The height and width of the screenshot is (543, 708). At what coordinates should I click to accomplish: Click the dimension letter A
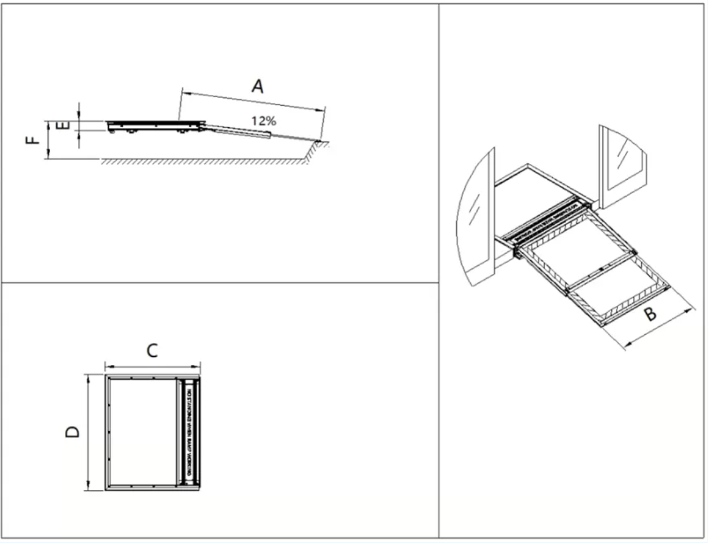pyautogui.click(x=258, y=86)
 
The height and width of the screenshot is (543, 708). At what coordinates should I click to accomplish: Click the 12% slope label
pyautogui.click(x=263, y=120)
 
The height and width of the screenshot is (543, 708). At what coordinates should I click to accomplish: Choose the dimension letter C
pyautogui.click(x=152, y=350)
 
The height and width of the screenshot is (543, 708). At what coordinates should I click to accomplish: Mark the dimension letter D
pyautogui.click(x=73, y=432)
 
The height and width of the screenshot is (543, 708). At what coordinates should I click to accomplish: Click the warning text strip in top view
pyautogui.click(x=189, y=432)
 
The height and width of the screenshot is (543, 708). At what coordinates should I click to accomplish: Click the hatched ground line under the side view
pyautogui.click(x=202, y=161)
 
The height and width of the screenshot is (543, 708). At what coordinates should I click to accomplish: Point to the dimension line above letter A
pyautogui.click(x=253, y=101)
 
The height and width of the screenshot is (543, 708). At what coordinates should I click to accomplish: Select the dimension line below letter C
pyautogui.click(x=152, y=366)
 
